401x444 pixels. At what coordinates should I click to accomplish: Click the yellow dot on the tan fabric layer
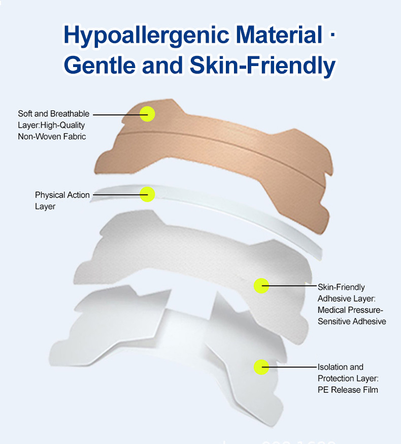tap(147, 114)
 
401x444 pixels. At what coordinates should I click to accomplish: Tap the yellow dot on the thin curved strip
tap(147, 194)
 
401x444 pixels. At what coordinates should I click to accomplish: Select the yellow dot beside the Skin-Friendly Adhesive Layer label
tap(261, 286)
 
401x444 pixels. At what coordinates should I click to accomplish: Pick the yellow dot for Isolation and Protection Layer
tap(261, 367)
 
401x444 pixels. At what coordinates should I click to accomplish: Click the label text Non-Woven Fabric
tap(52, 136)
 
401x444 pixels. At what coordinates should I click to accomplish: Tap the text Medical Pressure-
tap(350, 310)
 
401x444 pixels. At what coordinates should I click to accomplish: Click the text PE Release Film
tap(348, 390)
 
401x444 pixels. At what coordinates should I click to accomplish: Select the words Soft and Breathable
tap(53, 114)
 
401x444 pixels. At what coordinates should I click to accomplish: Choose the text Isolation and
tap(340, 367)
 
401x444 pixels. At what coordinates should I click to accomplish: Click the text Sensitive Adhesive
tap(352, 321)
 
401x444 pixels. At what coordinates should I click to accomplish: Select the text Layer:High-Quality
tap(51, 125)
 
